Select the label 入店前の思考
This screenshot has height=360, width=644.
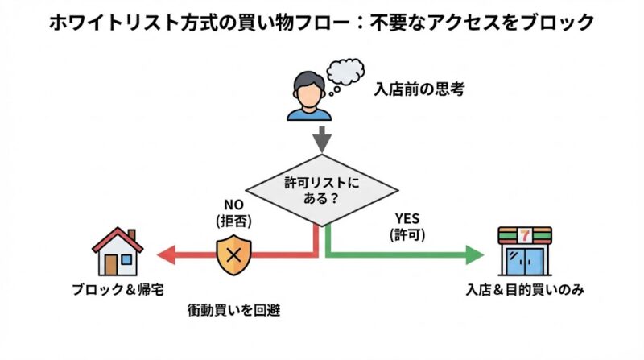419,89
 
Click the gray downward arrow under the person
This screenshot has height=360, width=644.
322,139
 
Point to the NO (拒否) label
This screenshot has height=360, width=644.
233,212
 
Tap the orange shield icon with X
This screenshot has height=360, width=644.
234,255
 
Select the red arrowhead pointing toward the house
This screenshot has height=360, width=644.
167,255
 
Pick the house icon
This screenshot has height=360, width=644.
118,251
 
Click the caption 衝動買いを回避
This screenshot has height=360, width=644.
233,310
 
